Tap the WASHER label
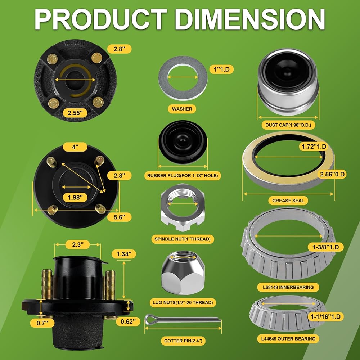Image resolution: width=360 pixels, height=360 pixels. click(182, 109)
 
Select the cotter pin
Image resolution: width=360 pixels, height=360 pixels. click(183, 319)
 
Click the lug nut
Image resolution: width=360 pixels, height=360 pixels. click(183, 273)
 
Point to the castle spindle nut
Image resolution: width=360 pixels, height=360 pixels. click(183, 207)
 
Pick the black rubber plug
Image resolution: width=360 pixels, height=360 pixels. click(183, 141)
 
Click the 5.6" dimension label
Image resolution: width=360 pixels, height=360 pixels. click(120, 217)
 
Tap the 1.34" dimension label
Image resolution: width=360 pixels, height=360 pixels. click(124, 254)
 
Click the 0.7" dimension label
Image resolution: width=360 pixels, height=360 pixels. click(42, 323)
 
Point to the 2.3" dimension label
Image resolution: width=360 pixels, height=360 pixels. click(77, 244)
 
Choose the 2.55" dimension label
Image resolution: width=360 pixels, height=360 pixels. click(75, 113)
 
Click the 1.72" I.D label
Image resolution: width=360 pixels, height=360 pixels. click(314, 147)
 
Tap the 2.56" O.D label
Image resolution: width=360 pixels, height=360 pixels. click(332, 174)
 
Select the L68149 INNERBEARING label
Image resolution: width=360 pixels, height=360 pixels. click(288, 287)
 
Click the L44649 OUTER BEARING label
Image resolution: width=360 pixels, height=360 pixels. click(288, 339)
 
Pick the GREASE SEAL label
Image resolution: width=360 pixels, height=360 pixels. click(288, 201)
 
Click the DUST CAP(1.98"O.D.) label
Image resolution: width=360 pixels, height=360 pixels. click(288, 125)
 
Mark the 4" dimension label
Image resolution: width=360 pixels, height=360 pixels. click(75, 147)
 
